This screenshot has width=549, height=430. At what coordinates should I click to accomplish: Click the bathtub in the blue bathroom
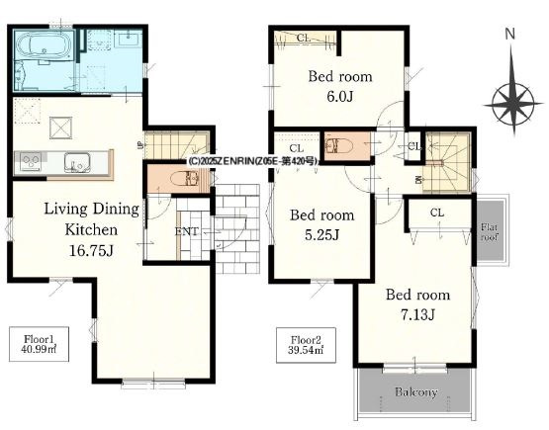(x=45, y=46)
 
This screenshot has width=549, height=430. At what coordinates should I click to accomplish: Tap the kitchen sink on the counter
(x=77, y=163)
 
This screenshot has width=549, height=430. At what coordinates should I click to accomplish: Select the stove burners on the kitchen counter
(x=31, y=162)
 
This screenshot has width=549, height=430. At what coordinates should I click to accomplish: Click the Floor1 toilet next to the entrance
(x=184, y=180)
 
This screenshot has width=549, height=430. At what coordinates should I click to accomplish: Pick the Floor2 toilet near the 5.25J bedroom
(x=335, y=146)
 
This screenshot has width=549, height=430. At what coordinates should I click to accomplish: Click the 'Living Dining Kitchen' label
(x=91, y=219)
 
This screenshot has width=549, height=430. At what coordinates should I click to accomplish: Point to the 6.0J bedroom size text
(x=339, y=97)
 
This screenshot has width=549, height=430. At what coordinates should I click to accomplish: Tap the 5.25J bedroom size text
(x=321, y=235)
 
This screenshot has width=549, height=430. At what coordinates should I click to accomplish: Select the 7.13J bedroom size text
(x=417, y=315)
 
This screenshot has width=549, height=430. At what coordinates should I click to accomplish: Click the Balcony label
(x=415, y=391)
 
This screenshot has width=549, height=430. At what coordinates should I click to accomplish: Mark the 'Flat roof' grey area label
(x=489, y=232)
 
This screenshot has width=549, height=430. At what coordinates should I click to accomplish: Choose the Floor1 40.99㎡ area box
(x=39, y=344)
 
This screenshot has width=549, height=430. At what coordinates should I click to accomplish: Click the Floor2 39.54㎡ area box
(x=306, y=345)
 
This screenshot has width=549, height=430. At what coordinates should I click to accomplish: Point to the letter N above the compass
(x=510, y=34)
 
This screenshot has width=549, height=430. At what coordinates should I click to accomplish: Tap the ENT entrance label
(x=187, y=231)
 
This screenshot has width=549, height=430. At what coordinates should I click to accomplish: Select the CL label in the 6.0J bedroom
(x=304, y=39)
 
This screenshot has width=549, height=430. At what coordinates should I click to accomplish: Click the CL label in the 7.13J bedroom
(x=437, y=213)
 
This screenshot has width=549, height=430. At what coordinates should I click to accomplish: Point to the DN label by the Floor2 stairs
(x=418, y=180)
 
